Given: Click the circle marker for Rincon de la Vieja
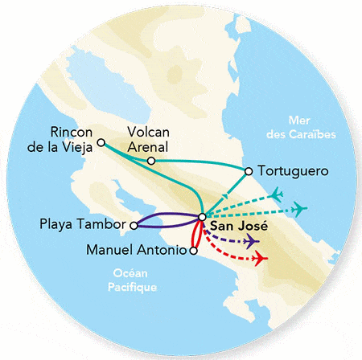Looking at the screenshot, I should pos(101,143).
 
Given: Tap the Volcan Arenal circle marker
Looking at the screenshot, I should pos(151,161).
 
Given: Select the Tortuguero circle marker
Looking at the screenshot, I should pos(249,170).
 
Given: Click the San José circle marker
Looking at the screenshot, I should pos(201,216).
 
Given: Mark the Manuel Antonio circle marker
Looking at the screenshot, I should pos(193,250).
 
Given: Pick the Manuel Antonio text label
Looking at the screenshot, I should pos(137,250).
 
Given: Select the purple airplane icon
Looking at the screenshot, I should pos(251,241).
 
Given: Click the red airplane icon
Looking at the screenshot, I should pos(259,259).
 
